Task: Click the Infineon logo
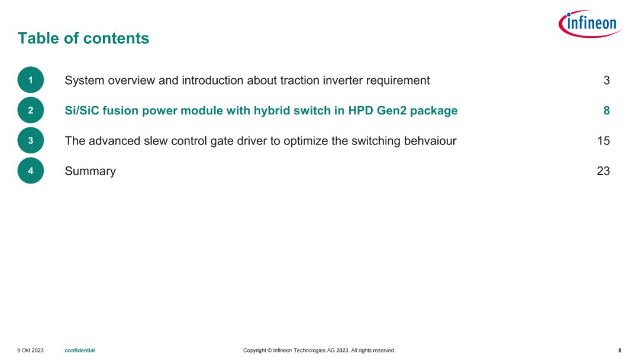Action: [x=590, y=24]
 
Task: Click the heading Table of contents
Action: [x=83, y=38]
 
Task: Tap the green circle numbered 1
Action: [x=31, y=80]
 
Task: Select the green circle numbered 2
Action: [x=31, y=110]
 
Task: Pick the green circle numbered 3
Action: [x=31, y=140]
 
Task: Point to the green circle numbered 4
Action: [x=31, y=171]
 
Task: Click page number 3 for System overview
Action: [x=606, y=81]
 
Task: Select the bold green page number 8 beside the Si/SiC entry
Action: [x=606, y=111]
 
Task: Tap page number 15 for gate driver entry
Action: [x=603, y=141]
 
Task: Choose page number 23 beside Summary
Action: [x=603, y=171]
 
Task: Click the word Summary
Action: [x=90, y=171]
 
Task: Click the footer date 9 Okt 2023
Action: [x=30, y=350]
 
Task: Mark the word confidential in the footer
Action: [x=80, y=350]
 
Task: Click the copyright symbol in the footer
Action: [x=269, y=350]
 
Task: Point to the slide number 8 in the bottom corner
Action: [x=619, y=350]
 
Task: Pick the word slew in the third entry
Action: [x=155, y=141]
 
